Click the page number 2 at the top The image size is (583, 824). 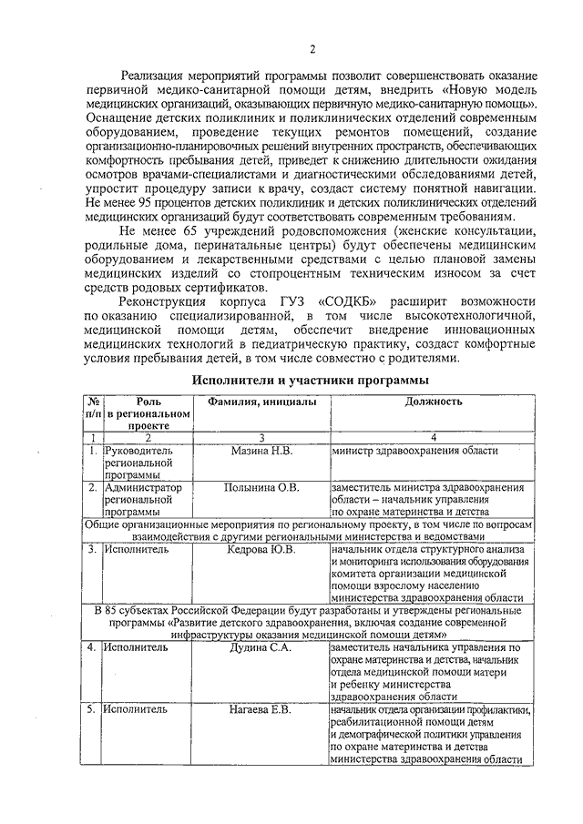click(312, 49)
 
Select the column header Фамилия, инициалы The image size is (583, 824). click(261, 402)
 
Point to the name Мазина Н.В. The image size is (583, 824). click(261, 451)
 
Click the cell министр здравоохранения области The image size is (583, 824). click(414, 451)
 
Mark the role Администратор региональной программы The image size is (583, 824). click(142, 499)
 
